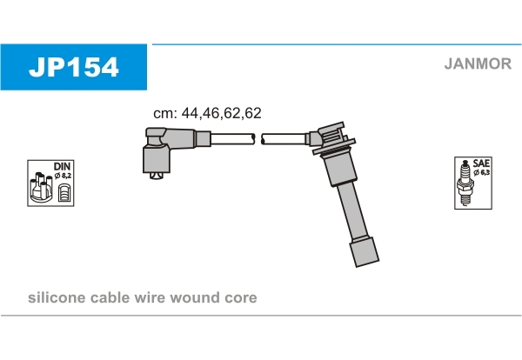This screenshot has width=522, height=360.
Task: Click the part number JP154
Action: click(x=74, y=67)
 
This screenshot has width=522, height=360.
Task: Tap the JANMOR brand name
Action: click(x=478, y=63)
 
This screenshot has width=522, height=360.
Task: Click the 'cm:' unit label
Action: click(x=165, y=113)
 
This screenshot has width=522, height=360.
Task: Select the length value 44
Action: click(x=190, y=113)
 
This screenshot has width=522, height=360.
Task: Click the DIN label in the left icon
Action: click(x=62, y=166)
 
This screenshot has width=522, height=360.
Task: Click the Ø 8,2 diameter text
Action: click(x=63, y=176)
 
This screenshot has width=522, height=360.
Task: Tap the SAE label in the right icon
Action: click(x=481, y=163)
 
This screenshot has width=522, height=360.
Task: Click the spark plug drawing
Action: click(x=465, y=183)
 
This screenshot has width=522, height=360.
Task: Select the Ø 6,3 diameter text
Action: click(x=482, y=172)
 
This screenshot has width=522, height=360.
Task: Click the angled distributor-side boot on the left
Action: click(x=170, y=150)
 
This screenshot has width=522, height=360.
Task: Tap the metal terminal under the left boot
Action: click(x=157, y=176)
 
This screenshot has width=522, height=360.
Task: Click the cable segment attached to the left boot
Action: click(x=232, y=139)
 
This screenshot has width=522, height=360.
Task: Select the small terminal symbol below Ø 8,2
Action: click(x=64, y=193)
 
